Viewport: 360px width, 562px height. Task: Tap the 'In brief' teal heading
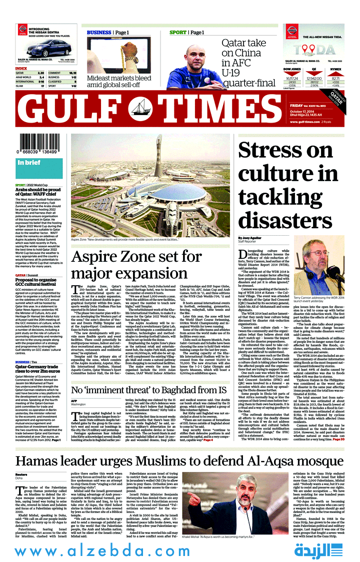tap(29, 163)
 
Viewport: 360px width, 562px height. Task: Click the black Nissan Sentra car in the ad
tap(41, 49)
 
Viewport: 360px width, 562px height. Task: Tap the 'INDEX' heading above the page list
tap(21, 68)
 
